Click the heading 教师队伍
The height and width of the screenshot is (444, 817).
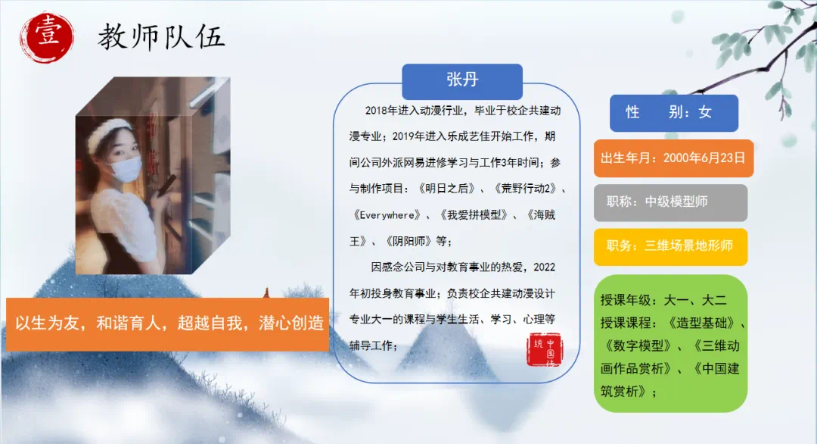pyautogui.click(x=161, y=37)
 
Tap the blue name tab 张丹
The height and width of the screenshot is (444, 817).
pyautogui.click(x=462, y=81)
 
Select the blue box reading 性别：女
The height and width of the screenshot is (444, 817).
pyautogui.click(x=674, y=113)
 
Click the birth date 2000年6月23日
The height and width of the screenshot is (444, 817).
pyautogui.click(x=704, y=158)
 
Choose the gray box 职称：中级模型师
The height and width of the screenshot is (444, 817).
pyautogui.click(x=670, y=202)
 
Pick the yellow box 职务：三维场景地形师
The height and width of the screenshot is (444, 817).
pyautogui.click(x=670, y=247)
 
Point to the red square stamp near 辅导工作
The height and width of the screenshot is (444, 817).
pyautogui.click(x=545, y=349)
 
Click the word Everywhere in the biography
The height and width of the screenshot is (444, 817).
pyautogui.click(x=387, y=215)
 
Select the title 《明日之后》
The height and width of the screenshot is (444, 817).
pyautogui.click(x=446, y=189)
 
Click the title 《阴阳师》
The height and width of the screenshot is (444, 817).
pyautogui.click(x=408, y=241)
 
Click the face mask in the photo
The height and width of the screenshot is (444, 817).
pyautogui.click(x=125, y=168)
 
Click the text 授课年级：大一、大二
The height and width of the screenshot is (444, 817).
pyautogui.click(x=663, y=300)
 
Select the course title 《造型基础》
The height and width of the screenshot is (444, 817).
pyautogui.click(x=701, y=323)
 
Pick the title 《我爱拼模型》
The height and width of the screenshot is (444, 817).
pyautogui.click(x=473, y=215)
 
